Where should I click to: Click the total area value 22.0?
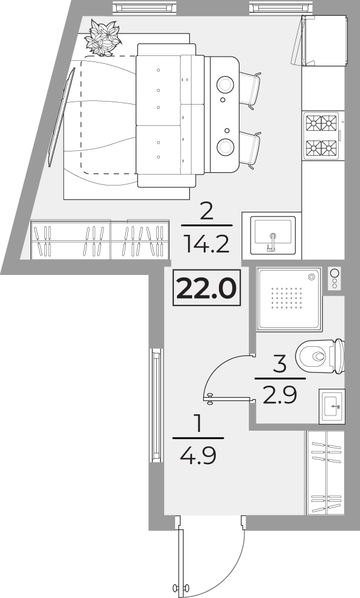tap(207, 288)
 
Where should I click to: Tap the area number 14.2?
tap(206, 244)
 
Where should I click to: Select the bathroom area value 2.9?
tap(280, 395)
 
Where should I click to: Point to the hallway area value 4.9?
tap(198, 455)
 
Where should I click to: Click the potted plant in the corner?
tap(103, 38)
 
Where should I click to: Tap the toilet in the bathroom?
tap(320, 356)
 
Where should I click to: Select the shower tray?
tap(289, 299)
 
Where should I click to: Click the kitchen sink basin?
tap(272, 235)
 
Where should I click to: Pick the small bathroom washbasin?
tap(332, 406)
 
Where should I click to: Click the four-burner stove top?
tap(321, 136)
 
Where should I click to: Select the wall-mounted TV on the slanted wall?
tap(61, 117)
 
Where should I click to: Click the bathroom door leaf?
tap(229, 399)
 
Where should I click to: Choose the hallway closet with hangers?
tap(325, 473)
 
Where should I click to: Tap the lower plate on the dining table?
tap(225, 147)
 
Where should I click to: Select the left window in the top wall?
tap(145, 7)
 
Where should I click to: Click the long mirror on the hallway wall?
tap(156, 405)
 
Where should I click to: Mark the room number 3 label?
tap(280, 364)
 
